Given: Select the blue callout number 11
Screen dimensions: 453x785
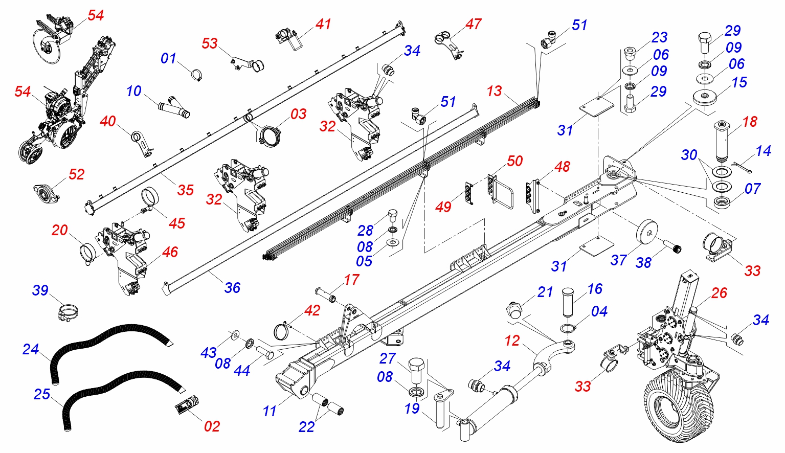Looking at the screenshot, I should click(x=270, y=411).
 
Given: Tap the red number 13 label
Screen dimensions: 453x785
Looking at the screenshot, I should click(x=494, y=91).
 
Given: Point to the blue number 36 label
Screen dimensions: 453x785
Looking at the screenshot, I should click(x=232, y=288).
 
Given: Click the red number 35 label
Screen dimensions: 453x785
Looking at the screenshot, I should click(x=186, y=190).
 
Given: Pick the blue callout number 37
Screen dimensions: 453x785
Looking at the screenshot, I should click(x=618, y=260).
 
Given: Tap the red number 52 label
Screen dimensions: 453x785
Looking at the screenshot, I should click(x=76, y=174).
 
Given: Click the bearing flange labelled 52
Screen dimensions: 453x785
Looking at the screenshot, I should click(x=46, y=193).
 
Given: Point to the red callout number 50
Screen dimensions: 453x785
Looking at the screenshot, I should click(x=514, y=161).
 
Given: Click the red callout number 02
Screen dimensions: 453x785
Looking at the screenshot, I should click(x=212, y=426).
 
